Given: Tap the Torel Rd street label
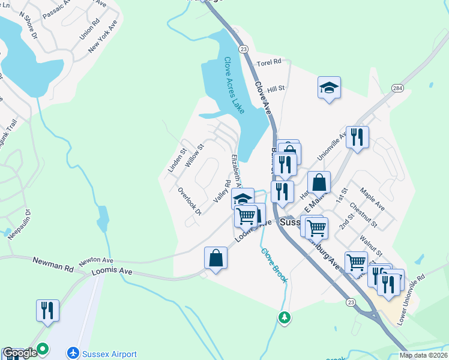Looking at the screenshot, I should coord(268,62).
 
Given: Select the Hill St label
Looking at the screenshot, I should coord(276,88).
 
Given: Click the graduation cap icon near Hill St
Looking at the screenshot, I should coord(329,88).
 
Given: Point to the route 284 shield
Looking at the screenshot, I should coord(397,89).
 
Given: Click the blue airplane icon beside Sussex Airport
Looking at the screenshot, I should coord(74,353).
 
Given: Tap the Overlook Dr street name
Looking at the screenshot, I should coord(190,201).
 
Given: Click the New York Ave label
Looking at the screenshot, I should coord(102,37).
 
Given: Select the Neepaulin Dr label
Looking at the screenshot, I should coord(19,224).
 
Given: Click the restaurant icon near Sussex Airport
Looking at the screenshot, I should coord(47,310).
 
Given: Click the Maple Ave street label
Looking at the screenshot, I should coord(372,199).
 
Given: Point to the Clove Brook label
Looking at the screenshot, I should coord(274,266).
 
